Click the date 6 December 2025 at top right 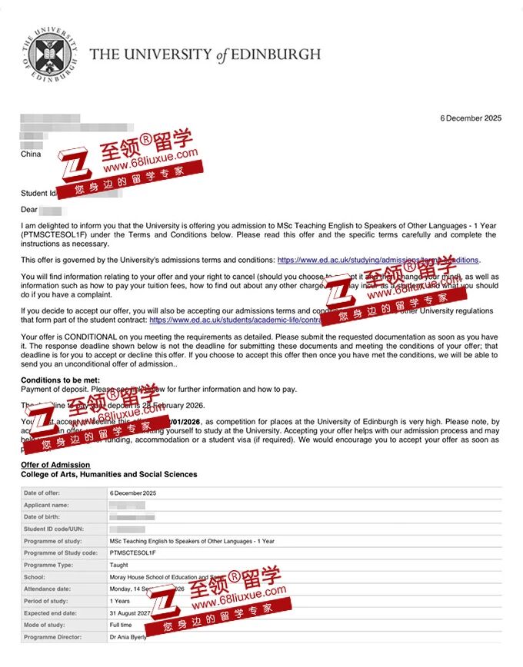tap(471, 118)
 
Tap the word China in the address tap(31, 154)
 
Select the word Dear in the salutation tap(29, 209)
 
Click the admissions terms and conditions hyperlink tap(378, 260)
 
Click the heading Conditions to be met tap(60, 380)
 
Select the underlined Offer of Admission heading tap(55, 465)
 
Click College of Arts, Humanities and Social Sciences tap(108, 475)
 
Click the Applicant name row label tap(46, 505)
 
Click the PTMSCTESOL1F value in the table tap(132, 553)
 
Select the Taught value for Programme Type tap(119, 565)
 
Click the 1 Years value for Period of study tap(120, 601)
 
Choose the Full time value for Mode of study tap(122, 626)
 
